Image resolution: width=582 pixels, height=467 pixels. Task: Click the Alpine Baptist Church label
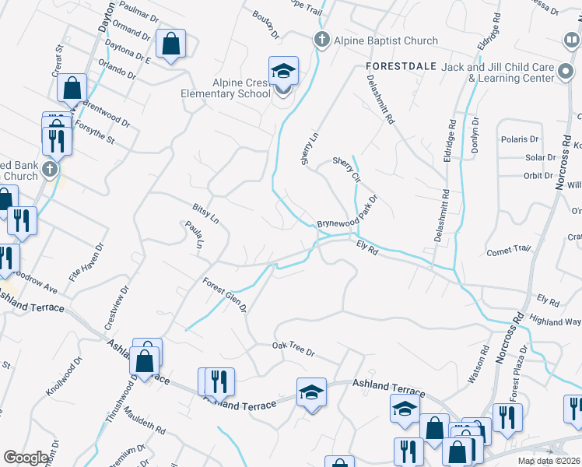click(x=387, y=40)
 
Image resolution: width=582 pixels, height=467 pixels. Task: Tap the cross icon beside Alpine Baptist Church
click(x=321, y=40)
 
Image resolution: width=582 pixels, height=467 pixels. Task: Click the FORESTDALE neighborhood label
click(x=398, y=67)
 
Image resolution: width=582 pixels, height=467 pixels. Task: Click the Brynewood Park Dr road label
click(x=347, y=212)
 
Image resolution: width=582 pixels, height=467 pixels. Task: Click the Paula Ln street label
click(x=194, y=235)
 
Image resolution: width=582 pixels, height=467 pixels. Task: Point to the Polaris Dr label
click(x=521, y=139)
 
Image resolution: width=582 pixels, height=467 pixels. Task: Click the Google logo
click(x=26, y=457)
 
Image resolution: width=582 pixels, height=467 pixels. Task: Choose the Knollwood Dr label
click(x=63, y=377)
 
